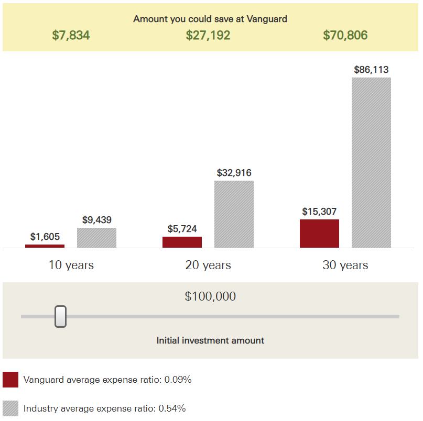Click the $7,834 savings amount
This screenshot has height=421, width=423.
click(x=71, y=36)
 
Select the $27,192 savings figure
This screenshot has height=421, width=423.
click(x=208, y=36)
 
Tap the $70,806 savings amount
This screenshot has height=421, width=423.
click(x=345, y=36)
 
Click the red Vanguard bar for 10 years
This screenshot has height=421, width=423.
click(x=45, y=246)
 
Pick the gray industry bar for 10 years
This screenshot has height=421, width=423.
click(x=96, y=238)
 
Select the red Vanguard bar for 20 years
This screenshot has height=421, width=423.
click(x=182, y=242)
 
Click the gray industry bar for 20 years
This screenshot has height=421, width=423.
click(x=234, y=214)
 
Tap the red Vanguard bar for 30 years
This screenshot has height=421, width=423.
click(x=319, y=234)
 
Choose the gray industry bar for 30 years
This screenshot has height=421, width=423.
click(x=371, y=162)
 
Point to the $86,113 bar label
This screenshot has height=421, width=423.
click(x=371, y=69)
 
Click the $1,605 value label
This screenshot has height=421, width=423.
click(x=45, y=237)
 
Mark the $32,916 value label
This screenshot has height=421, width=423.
click(x=234, y=172)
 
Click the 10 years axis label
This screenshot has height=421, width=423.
click(x=71, y=265)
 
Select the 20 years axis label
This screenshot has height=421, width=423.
click(x=208, y=265)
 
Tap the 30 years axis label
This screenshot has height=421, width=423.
click(x=345, y=265)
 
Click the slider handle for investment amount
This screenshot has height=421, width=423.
click(x=61, y=316)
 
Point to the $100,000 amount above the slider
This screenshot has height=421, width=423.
click(x=210, y=296)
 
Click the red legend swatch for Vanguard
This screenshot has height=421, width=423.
click(x=10, y=380)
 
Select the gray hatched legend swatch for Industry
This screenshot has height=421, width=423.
click(x=10, y=408)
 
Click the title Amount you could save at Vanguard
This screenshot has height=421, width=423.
click(x=210, y=19)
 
